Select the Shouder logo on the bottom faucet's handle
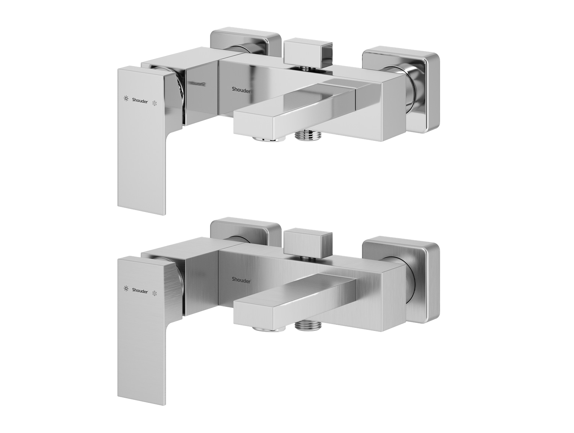coord(140,291)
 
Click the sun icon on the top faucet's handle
coord(126,99)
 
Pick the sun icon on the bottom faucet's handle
coord(126,288)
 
